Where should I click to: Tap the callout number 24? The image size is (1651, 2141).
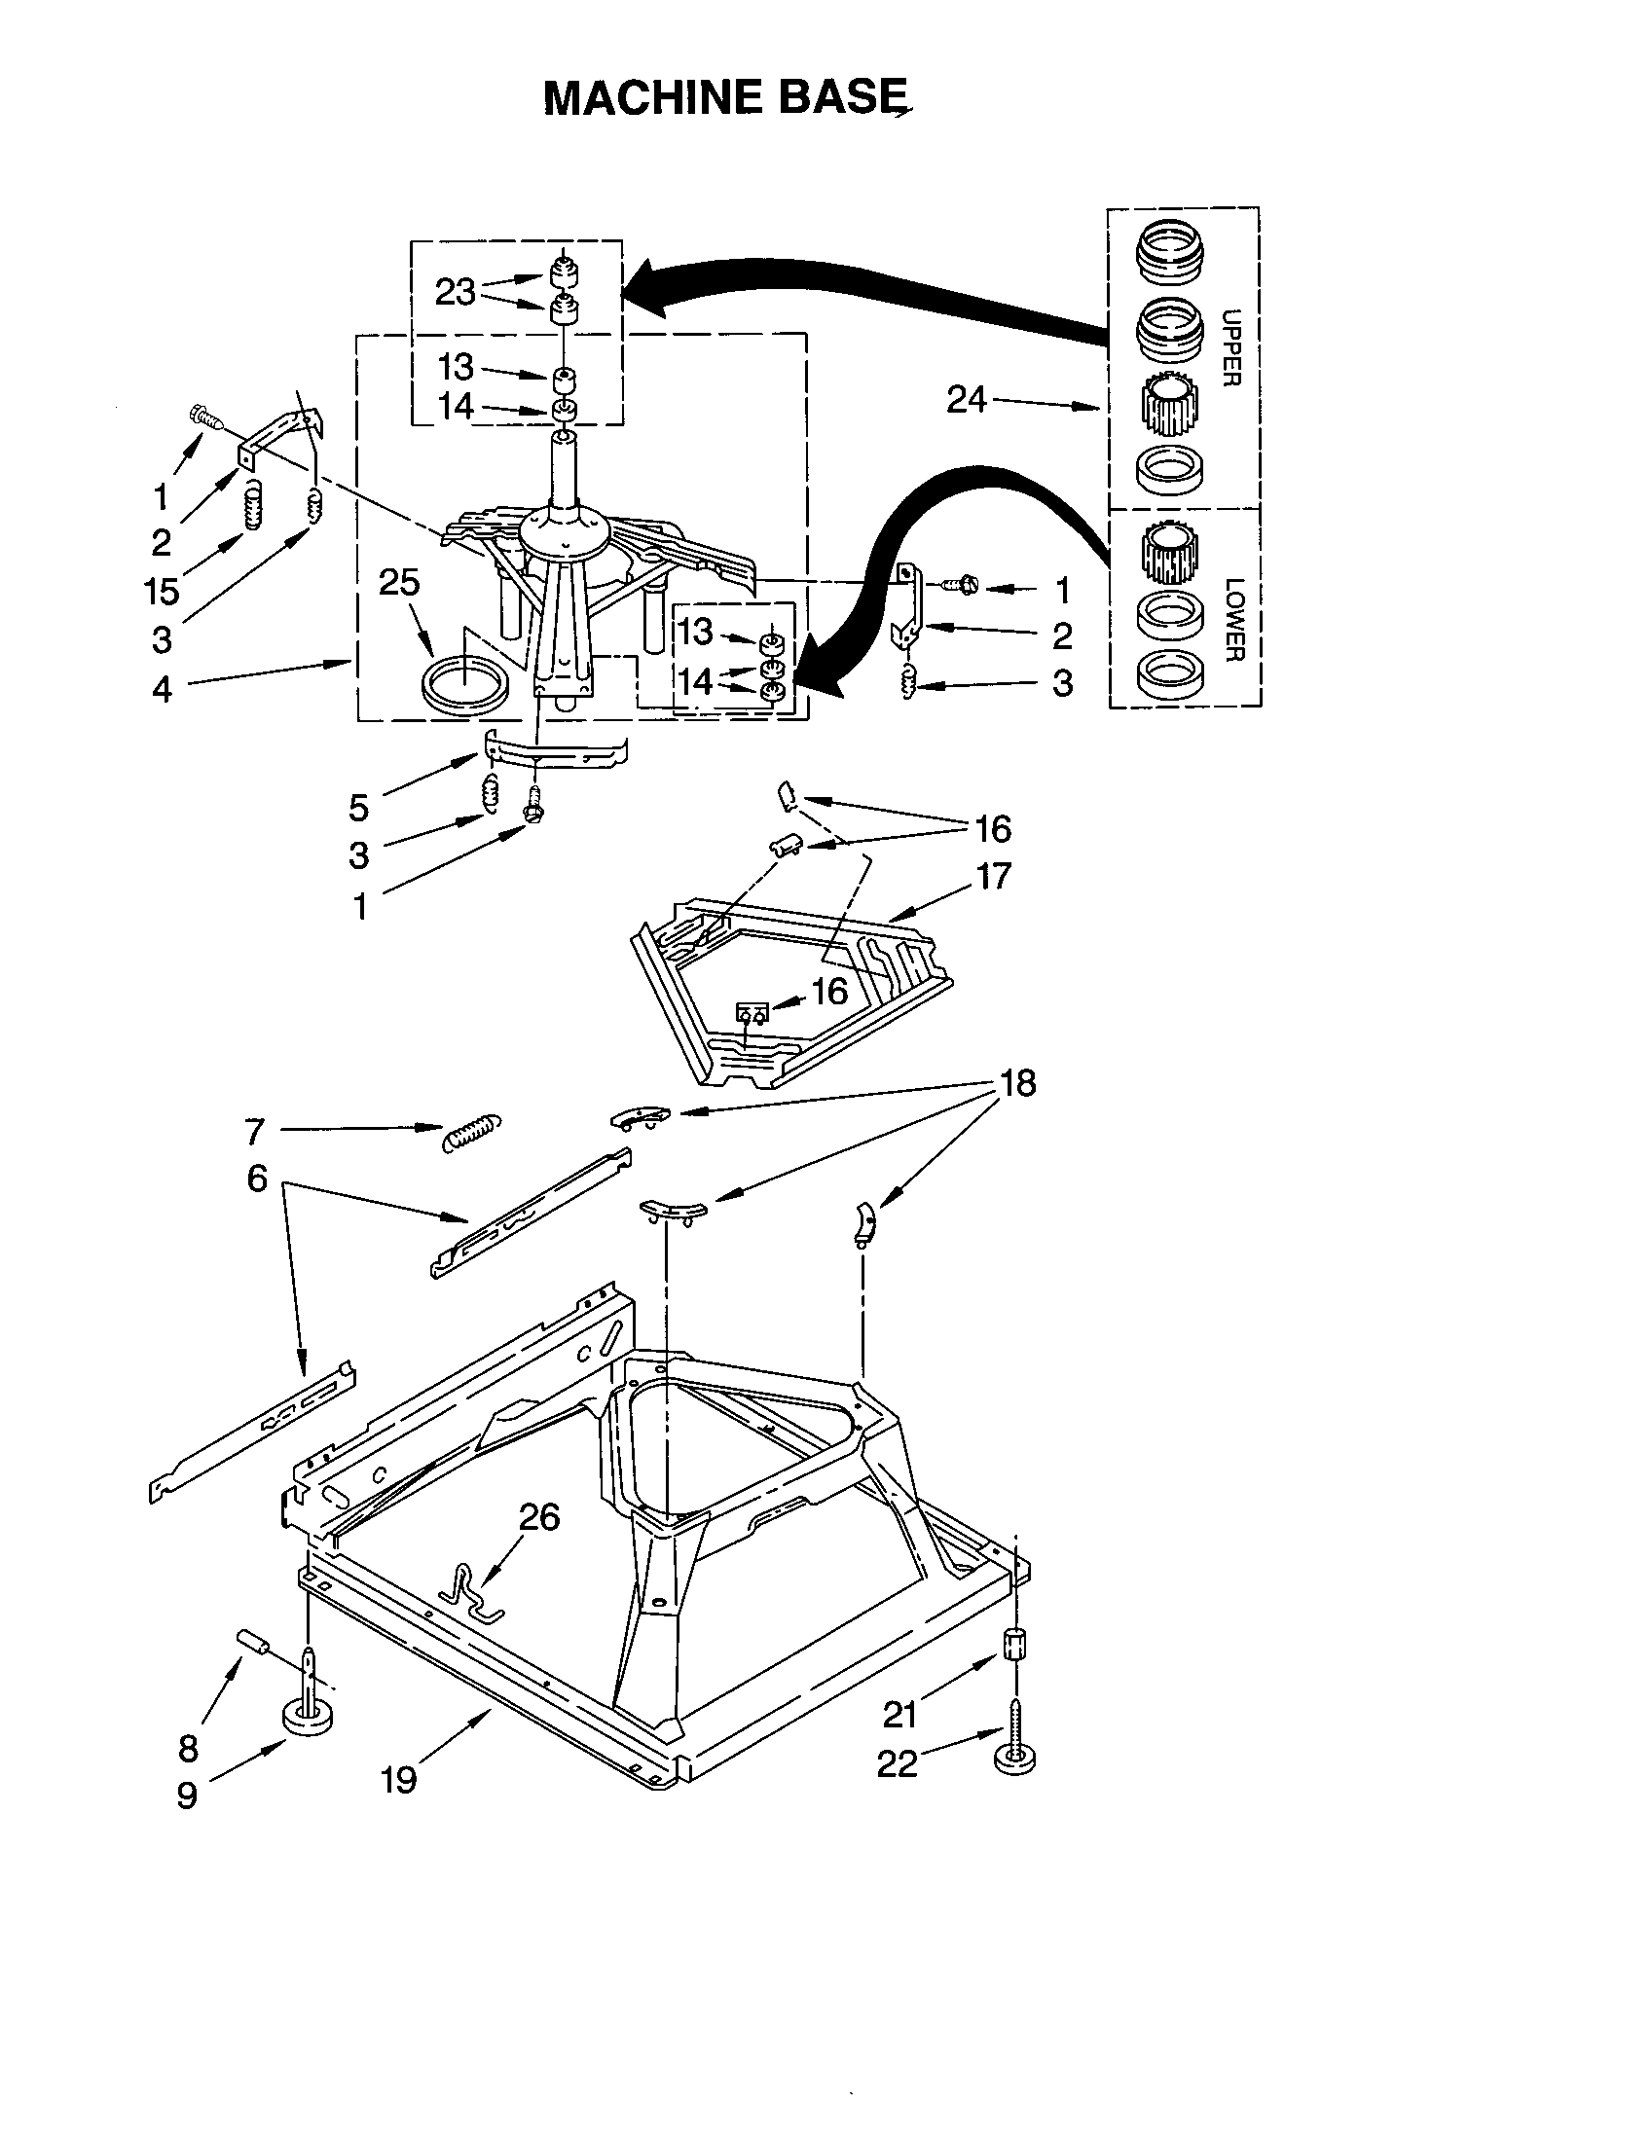point(966,399)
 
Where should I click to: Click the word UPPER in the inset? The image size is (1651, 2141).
point(1232,347)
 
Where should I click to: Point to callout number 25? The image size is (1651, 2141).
point(399,582)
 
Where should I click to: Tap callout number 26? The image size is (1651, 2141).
point(538,1516)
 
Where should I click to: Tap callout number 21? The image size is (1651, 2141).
point(900,1715)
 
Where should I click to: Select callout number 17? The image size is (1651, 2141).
point(993,876)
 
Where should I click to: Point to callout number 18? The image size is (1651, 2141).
point(1017,1083)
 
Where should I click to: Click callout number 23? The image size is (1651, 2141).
point(455,292)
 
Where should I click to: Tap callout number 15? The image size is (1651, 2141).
point(162,591)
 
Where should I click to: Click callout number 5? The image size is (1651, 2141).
point(359,808)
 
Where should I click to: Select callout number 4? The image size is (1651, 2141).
point(162,689)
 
